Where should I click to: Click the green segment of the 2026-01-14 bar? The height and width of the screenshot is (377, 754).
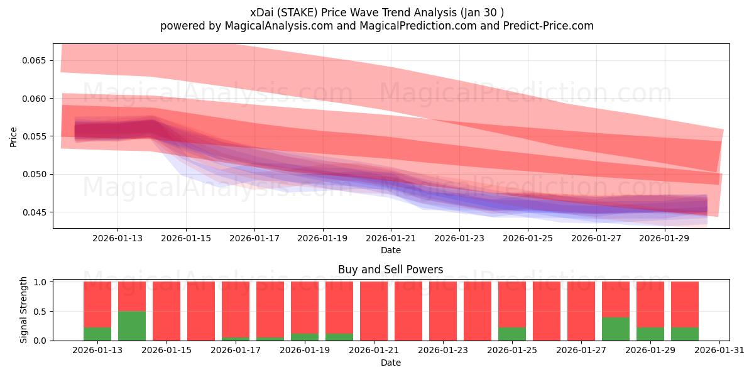coord(132,325)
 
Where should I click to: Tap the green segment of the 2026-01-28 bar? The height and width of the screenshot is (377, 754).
coord(616,329)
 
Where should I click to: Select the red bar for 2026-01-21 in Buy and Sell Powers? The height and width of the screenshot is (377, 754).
coord(374,311)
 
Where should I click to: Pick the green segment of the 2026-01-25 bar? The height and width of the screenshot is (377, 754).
coord(512,334)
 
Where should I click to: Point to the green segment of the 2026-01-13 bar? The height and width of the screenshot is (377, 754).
coord(97,334)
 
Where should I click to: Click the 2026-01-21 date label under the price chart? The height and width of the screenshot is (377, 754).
coord(391,239)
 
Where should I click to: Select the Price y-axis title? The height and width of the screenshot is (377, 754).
coord(14,136)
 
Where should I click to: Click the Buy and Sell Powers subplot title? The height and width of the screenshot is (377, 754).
coord(390,270)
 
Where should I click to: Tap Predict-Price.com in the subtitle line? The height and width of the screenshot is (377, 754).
coord(551,26)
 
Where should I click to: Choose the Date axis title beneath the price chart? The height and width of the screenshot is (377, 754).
coord(391,250)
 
